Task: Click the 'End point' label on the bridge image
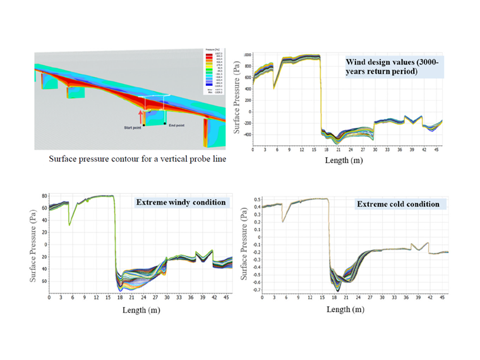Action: (175, 124)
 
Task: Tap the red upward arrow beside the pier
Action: (141, 116)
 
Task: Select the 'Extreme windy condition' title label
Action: (180, 202)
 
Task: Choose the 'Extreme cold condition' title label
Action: (398, 204)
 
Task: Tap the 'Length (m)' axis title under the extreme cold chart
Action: (345, 309)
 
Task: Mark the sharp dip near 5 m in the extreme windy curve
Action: (69, 224)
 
